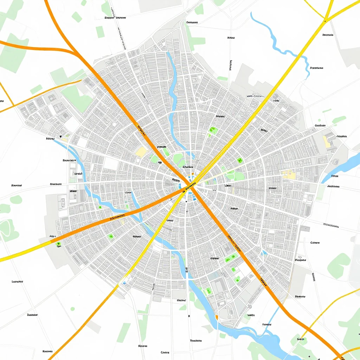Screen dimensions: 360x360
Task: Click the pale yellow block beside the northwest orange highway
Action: coord(141,152)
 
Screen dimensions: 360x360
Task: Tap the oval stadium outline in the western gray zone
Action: coord(63,202)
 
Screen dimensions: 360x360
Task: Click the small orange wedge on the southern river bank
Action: coord(217,318)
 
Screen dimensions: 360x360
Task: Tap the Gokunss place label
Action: coord(192,22)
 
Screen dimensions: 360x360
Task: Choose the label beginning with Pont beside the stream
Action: coord(316,68)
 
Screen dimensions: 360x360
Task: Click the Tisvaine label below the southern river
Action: coord(195,341)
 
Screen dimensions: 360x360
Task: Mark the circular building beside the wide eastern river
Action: coord(335,162)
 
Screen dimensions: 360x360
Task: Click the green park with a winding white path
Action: coord(7,229)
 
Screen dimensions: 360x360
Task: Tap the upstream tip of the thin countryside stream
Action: coord(252,13)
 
